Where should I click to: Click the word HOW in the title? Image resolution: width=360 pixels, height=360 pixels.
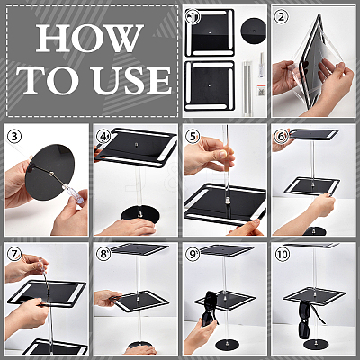tap(89, 38)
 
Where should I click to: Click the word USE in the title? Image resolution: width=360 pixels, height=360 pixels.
tap(131, 79)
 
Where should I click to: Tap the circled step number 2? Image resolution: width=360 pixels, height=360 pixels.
tap(281, 17)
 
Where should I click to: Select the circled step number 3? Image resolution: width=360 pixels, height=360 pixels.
tap(14, 137)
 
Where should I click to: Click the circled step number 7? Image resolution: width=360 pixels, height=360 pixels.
tap(14, 255)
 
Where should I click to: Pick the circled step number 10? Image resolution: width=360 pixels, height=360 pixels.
tap(283, 255)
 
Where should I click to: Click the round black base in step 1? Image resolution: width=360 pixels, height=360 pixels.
tap(254, 31)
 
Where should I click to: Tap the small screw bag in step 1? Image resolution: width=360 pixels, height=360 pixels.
tap(260, 90)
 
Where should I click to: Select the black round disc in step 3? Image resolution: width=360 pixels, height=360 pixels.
tap(49, 174)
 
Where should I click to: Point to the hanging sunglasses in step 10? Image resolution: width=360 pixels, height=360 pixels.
tap(308, 318)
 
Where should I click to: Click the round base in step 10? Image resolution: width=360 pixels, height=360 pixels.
tap(314, 344)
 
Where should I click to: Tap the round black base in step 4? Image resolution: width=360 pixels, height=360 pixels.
tap(140, 214)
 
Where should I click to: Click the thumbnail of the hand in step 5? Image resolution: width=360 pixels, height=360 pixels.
tap(222, 154)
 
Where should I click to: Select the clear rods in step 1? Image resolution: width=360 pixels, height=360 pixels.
tap(247, 87)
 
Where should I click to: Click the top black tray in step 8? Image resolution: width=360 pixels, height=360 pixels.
tap(140, 250)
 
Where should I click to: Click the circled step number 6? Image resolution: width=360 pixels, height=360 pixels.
tap(281, 137)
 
